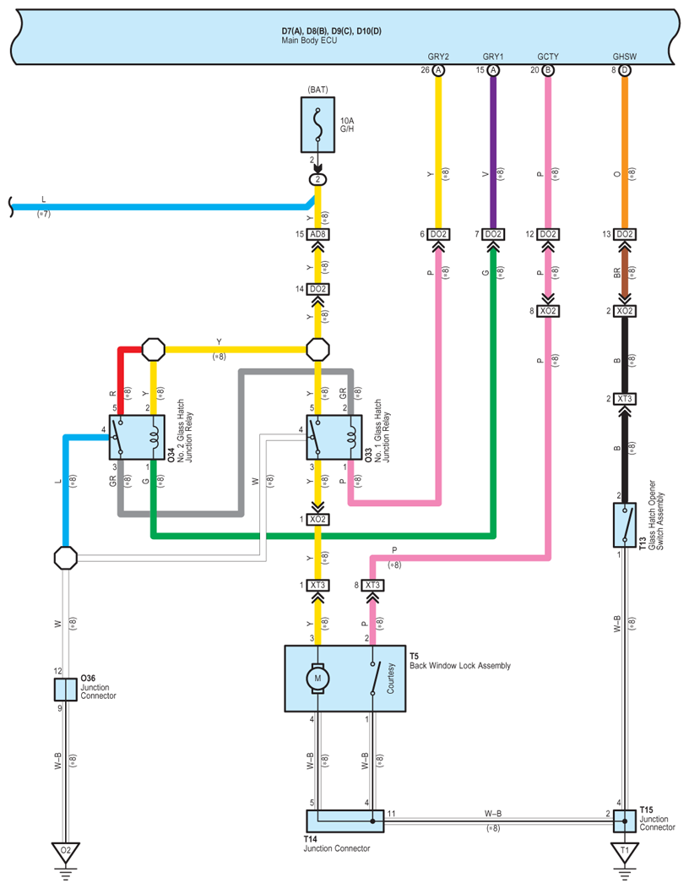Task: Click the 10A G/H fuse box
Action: coord(317,125)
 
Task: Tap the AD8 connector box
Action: coord(317,234)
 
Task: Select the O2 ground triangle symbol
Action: coord(66,852)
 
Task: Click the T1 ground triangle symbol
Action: coord(625,852)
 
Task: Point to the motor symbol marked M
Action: coord(317,678)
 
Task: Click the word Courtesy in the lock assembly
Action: coord(390,678)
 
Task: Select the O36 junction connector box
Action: coord(66,690)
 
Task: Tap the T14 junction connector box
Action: coord(345,821)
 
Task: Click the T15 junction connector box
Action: coord(625,821)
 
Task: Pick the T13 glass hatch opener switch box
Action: coord(625,525)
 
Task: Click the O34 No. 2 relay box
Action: coord(137,437)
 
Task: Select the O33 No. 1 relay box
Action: coord(334,437)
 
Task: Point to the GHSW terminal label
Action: coord(625,57)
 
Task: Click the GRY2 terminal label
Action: coord(438,57)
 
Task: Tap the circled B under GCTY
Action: coord(548,70)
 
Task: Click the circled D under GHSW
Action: coord(625,70)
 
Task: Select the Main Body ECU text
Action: coord(309,41)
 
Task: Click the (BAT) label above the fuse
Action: coord(317,90)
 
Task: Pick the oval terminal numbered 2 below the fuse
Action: coord(317,179)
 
